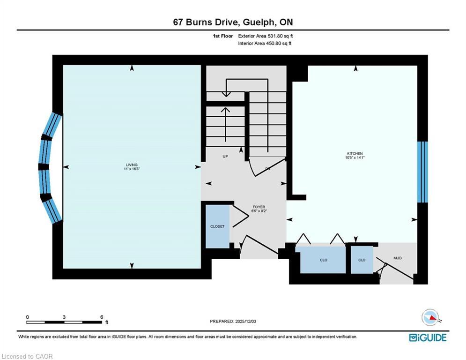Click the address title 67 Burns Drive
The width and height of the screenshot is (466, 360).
(233, 22)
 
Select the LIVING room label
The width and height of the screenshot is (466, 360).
(132, 165)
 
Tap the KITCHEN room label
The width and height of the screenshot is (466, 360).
(355, 153)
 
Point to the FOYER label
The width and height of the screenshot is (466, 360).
(259, 207)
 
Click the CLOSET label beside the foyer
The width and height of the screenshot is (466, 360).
(217, 226)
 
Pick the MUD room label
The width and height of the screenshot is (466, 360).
(398, 258)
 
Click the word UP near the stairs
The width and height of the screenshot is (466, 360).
(225, 157)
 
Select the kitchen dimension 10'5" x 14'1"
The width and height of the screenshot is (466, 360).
(355, 158)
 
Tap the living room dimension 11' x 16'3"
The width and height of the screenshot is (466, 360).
(132, 169)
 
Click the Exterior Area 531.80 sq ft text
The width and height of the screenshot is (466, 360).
(266, 36)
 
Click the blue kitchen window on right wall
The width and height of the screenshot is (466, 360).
(422, 172)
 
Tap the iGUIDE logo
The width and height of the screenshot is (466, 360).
(428, 337)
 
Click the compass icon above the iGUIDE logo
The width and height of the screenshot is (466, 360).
(430, 317)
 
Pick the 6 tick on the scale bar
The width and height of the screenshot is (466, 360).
(102, 317)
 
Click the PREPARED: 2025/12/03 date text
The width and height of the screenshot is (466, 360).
(233, 321)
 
